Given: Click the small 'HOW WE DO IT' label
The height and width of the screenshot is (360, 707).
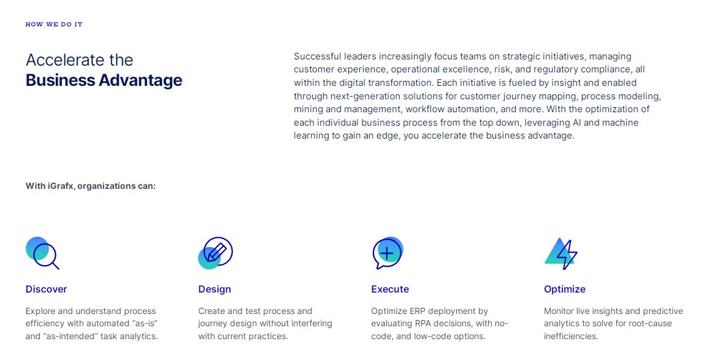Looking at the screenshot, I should [x=54, y=25].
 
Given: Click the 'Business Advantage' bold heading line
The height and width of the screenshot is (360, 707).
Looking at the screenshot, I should [x=104, y=80].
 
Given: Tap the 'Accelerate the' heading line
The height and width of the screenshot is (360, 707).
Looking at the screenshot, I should [x=79, y=60].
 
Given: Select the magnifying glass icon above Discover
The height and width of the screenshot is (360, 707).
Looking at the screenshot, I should [x=43, y=253].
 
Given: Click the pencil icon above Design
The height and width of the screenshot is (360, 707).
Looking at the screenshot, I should [x=216, y=253].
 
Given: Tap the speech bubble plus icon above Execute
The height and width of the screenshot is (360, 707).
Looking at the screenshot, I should [x=388, y=253].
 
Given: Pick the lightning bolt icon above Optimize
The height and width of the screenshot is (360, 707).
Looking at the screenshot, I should [x=562, y=253].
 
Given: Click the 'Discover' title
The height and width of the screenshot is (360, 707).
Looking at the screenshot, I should [x=46, y=289].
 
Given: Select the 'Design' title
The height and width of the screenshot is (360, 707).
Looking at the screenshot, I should [x=215, y=289].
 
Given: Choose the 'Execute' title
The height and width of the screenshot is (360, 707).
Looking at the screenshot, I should [x=390, y=289].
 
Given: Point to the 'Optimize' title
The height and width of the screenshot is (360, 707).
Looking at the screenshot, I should [x=565, y=289].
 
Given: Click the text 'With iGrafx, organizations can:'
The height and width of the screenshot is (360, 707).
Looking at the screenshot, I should [x=91, y=185].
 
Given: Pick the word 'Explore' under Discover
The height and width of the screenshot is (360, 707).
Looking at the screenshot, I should [x=41, y=311].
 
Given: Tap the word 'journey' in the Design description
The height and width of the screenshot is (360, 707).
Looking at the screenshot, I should [x=213, y=323].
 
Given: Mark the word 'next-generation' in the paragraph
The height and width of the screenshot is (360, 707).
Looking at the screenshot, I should [x=361, y=96].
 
